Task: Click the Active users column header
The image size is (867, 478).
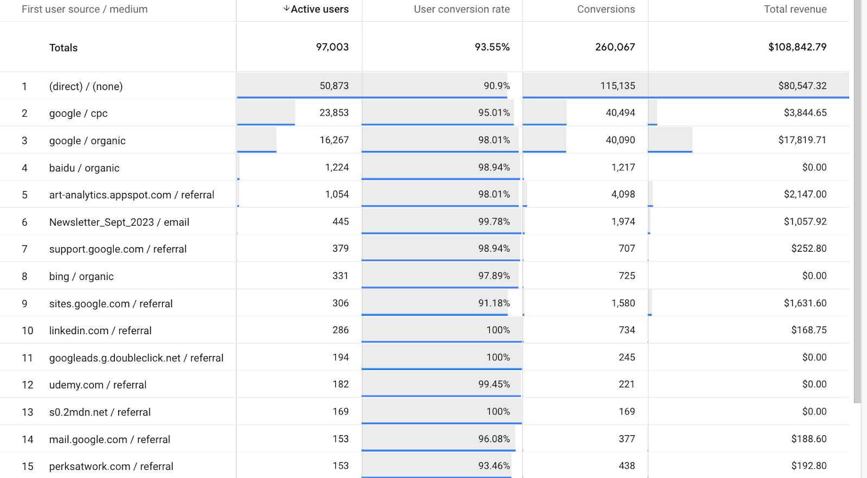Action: click(320, 9)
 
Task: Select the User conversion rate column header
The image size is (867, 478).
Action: click(462, 9)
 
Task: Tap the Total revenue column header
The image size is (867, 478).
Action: click(795, 9)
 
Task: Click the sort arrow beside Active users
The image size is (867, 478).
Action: click(286, 9)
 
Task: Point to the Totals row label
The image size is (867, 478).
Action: click(63, 48)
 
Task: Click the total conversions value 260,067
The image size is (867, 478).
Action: click(615, 47)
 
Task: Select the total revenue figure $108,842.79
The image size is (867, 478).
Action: click(797, 47)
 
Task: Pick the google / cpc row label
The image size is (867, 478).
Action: click(78, 113)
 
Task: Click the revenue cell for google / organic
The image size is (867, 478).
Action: click(802, 140)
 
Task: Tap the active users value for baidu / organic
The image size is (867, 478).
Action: click(337, 167)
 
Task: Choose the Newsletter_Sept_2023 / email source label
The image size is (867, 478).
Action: click(119, 222)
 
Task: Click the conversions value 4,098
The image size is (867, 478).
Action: click(623, 194)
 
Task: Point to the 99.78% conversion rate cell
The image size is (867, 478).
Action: click(494, 221)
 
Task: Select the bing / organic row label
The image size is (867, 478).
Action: click(81, 276)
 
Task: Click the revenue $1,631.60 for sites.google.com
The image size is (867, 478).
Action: click(805, 303)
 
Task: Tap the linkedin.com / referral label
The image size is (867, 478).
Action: click(100, 330)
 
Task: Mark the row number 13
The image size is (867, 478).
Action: click(28, 412)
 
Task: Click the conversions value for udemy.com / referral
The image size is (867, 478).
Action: click(626, 384)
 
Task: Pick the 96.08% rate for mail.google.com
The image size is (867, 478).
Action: click(494, 438)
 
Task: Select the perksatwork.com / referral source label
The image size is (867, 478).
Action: click(111, 466)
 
